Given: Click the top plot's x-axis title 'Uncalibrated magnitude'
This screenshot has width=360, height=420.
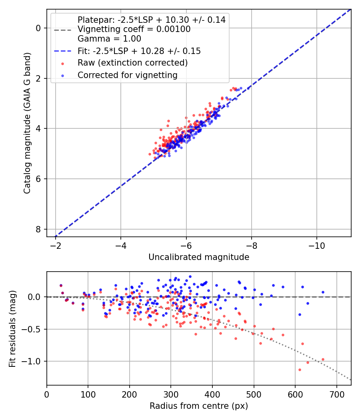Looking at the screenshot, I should pos(199,257).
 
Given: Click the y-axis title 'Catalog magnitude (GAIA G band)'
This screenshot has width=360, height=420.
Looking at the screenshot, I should pos(27,122).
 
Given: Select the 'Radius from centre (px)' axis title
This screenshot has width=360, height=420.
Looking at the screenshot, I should pos(199,406).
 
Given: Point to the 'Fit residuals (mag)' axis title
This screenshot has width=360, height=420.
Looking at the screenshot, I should pos(12,328).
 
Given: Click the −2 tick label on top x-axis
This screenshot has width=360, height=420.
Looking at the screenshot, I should pos(56,244).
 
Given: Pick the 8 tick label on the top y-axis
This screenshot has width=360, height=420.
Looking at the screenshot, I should pos(38,229).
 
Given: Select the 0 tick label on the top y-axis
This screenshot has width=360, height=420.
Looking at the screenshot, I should pos(38,28).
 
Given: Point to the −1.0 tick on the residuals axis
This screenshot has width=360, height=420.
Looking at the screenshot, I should pos(33,361).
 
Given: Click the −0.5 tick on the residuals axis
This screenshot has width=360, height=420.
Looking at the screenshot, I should pos(33,329).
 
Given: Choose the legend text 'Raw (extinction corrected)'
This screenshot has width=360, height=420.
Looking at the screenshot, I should pos(132,63).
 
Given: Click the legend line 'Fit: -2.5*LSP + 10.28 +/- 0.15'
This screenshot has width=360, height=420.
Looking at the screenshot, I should pos(139,51).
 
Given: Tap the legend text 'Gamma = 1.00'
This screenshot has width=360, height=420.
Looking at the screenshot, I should pos(109,39).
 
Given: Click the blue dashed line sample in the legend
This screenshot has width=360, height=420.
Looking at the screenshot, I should pos(62,51).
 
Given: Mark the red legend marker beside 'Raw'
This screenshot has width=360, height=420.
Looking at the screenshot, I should pos(62,63).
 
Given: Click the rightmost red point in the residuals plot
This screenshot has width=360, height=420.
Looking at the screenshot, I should pos(323,359).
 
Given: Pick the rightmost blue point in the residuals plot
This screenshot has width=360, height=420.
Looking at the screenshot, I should pos(323,292).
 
